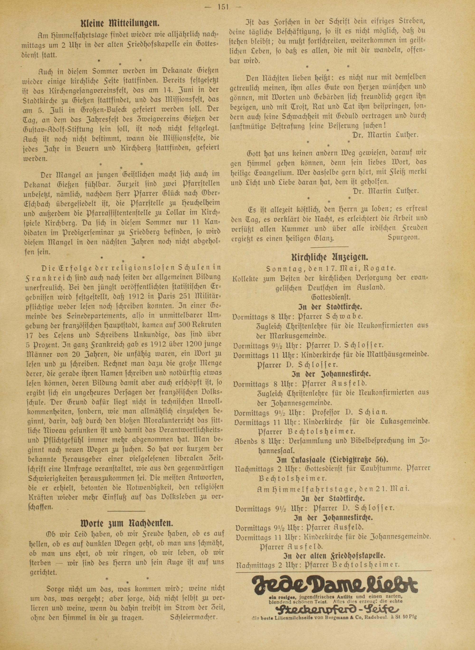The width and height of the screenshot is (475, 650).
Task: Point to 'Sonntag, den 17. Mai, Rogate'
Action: (x=330, y=269)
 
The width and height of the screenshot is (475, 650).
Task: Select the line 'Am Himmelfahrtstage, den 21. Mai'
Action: (x=333, y=489)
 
